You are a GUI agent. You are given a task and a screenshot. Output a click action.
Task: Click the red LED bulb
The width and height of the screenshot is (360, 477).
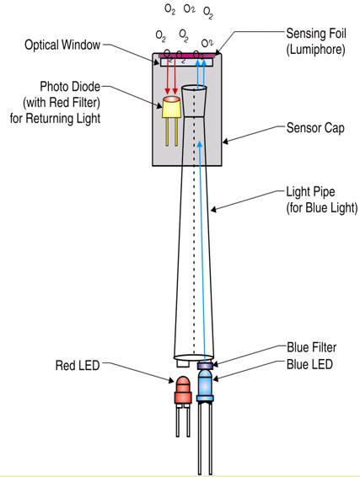tap(183, 390)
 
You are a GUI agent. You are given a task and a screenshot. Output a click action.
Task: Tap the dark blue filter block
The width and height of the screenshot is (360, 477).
tap(205, 366)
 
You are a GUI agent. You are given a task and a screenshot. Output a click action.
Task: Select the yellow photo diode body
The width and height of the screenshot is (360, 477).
tap(171, 107)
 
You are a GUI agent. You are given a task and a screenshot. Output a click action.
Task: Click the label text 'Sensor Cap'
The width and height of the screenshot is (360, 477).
tap(315, 128)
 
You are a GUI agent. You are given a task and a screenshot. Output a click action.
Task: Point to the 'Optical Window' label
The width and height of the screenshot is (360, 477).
tap(62, 45)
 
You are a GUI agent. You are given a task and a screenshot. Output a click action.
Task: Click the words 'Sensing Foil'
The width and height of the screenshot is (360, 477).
tap(316, 33)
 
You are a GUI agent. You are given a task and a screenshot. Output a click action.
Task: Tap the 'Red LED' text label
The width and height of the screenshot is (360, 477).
tap(78, 365)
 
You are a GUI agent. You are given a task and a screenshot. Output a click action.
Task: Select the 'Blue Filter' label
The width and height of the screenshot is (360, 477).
tap(312, 347)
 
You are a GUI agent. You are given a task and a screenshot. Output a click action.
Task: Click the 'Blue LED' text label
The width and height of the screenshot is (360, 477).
tap(309, 364)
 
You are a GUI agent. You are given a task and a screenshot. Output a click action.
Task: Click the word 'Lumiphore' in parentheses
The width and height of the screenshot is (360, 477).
tap(315, 49)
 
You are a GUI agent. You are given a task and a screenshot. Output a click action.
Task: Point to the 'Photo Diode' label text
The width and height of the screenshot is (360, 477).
tap(70, 87)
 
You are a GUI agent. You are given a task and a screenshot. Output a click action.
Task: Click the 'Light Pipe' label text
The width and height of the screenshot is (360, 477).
tap(310, 192)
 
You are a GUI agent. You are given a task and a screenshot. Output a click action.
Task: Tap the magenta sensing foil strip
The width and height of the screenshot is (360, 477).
tap(186, 56)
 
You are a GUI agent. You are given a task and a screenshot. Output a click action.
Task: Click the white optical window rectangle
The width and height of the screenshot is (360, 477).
tap(186, 62)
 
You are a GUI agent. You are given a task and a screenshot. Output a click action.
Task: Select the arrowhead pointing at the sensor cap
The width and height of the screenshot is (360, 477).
tap(225, 141)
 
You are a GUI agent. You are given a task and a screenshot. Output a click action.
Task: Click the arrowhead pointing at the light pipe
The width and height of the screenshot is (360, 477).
tap(213, 209)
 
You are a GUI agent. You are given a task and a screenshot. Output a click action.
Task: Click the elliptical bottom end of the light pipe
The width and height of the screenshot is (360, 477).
tap(194, 357)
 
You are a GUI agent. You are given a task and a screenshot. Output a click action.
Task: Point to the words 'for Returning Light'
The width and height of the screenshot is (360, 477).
tap(55, 118)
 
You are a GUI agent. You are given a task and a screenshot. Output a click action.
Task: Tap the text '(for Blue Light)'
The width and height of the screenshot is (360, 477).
tap(322, 208)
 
